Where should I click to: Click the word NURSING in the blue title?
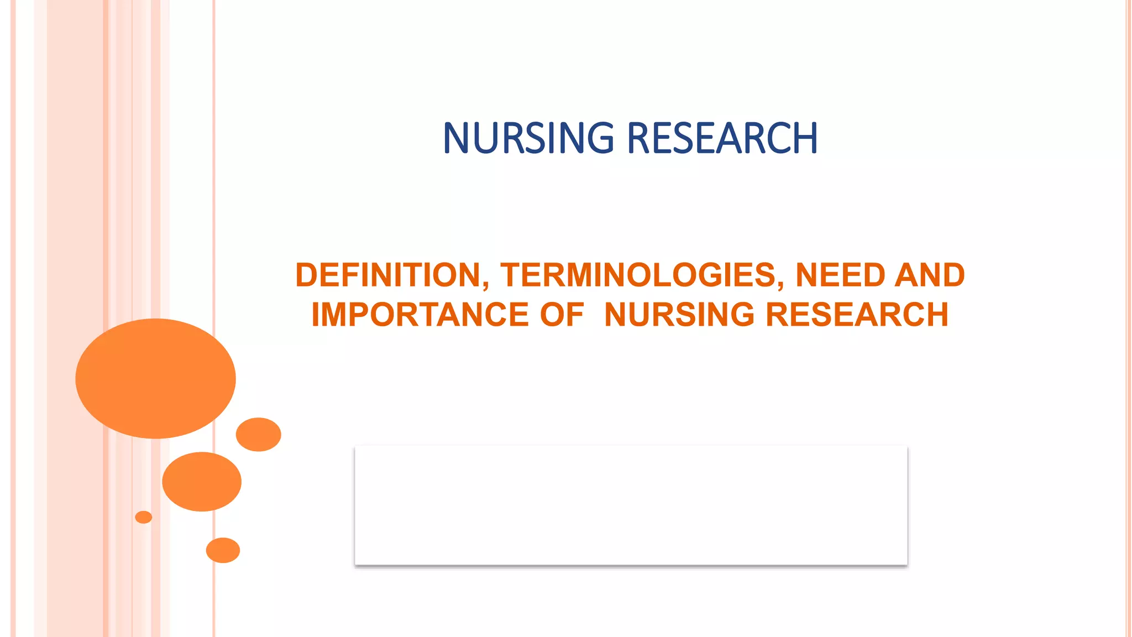click(x=528, y=138)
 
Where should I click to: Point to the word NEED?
click(x=840, y=275)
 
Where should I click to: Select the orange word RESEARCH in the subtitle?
click(x=857, y=315)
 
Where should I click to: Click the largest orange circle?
click(x=155, y=379)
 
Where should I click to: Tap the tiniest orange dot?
click(x=143, y=517)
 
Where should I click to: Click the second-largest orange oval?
click(x=202, y=482)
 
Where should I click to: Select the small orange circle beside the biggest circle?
click(x=258, y=435)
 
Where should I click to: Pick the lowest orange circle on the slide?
click(x=223, y=550)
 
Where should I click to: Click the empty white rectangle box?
click(x=631, y=505)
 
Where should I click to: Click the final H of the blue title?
click(x=806, y=138)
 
